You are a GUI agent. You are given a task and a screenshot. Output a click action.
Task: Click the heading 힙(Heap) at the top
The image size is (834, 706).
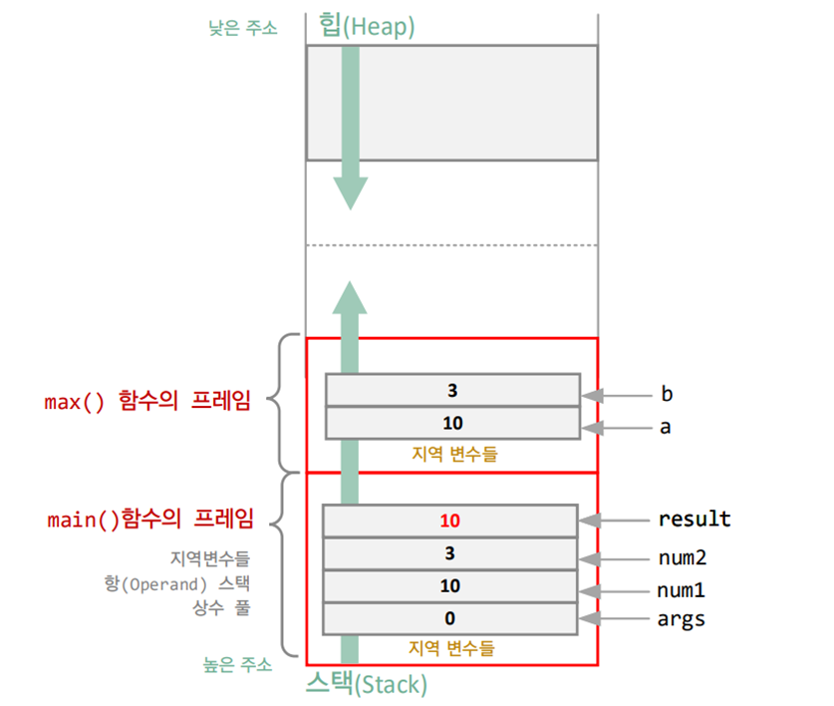click(x=366, y=25)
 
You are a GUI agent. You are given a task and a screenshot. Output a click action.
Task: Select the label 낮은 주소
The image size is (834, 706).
click(x=242, y=28)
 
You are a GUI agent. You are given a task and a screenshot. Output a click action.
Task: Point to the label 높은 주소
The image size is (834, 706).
click(x=238, y=665)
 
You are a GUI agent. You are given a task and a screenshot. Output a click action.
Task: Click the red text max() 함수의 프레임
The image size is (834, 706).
click(x=147, y=402)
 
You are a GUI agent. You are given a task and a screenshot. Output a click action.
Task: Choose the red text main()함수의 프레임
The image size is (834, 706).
click(x=150, y=520)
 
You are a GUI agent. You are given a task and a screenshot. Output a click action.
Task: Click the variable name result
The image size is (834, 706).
click(x=694, y=520)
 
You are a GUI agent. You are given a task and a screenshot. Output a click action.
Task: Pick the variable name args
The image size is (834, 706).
click(x=681, y=619)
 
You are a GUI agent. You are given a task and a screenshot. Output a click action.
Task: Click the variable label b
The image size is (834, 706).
click(x=667, y=393)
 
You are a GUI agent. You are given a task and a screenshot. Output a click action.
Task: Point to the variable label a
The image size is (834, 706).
click(x=667, y=427)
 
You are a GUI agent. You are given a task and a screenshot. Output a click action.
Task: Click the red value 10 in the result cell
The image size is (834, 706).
click(x=451, y=521)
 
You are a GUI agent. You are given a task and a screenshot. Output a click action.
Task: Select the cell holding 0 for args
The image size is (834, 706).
click(x=451, y=618)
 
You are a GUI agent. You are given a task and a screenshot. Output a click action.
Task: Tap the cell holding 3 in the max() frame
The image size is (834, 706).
click(x=452, y=390)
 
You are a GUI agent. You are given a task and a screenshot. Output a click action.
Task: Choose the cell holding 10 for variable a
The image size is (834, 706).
click(x=452, y=423)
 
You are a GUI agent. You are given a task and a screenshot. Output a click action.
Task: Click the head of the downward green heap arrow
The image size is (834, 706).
click(x=350, y=193)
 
